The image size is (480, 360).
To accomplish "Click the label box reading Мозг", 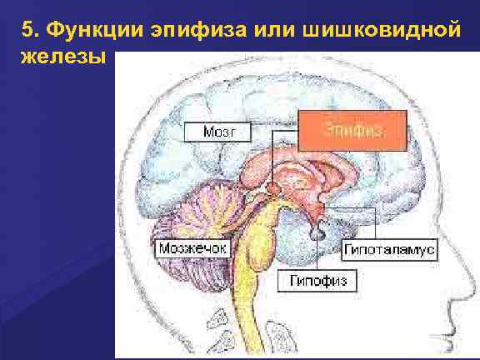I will tap(219, 131).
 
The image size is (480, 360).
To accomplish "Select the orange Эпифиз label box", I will tap(352, 131).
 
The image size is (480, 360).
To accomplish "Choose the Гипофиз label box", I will tap(317, 282).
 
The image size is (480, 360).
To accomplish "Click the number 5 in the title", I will tap(28, 31).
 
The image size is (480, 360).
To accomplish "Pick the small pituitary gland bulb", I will tap(317, 236).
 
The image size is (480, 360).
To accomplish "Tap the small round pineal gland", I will tap(272, 190).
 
